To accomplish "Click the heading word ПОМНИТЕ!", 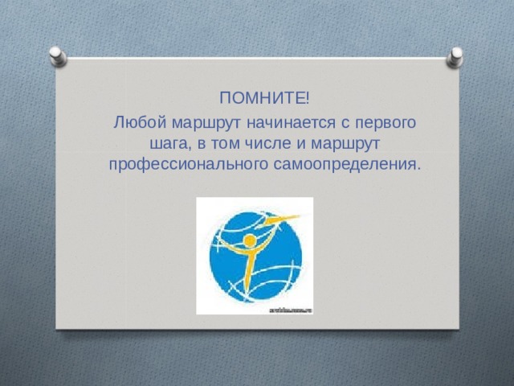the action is click(264, 98).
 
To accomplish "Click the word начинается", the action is click(291, 123).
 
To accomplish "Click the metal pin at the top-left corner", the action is click(58, 56).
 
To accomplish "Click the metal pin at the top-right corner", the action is click(455, 57).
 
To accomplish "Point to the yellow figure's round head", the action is click(250, 241).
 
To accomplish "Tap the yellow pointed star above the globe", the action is click(283, 219).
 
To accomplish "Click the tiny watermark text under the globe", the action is click(291, 310).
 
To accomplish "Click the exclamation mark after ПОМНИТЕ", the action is click(307, 98).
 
